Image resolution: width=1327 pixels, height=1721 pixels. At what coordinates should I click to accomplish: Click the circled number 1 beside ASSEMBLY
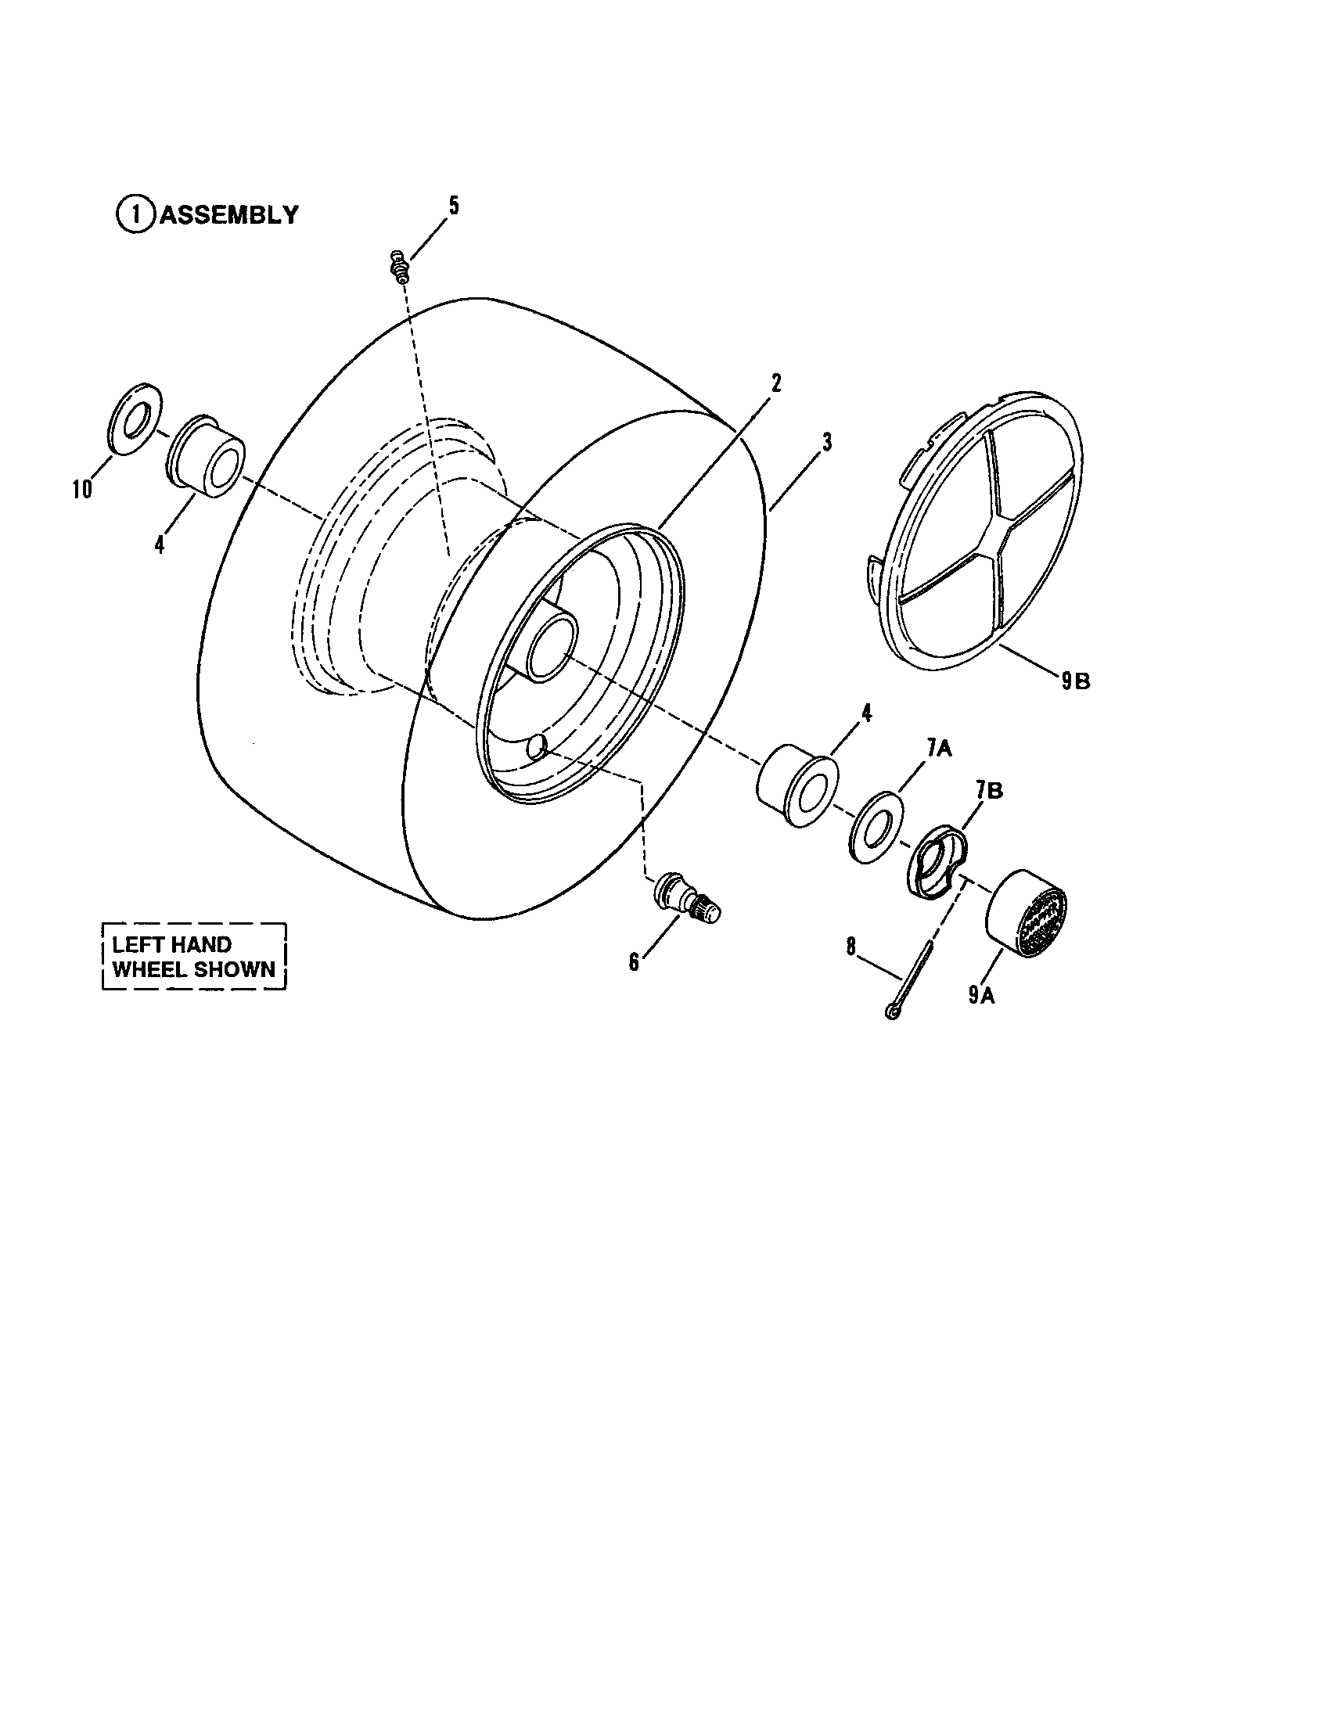pos(136,214)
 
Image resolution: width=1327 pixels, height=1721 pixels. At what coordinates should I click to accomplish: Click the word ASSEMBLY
pos(229,214)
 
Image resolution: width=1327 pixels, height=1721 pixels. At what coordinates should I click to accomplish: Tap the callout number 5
pos(453,206)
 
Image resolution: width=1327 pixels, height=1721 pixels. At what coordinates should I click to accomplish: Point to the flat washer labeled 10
pos(133,419)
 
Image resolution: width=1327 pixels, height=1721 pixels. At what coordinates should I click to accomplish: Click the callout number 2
pos(775,384)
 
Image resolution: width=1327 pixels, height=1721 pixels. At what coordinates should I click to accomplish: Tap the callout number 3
pos(826,443)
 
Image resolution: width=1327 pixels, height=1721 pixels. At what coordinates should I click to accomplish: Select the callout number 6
pos(634,962)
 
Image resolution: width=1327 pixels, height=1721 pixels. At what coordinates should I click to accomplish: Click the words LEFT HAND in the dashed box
pos(172,944)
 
